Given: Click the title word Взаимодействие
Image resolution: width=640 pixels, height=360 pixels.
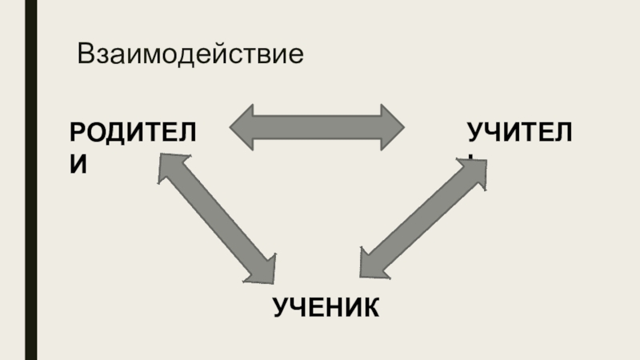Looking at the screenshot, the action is (x=191, y=55).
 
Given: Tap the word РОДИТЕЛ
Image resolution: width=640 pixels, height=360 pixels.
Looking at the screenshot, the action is (x=133, y=132).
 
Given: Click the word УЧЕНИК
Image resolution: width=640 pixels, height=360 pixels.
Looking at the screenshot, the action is (x=326, y=306).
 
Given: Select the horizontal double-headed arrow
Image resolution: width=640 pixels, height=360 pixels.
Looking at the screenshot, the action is (x=318, y=126).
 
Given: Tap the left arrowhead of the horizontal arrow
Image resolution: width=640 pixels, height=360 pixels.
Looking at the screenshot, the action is (x=244, y=126).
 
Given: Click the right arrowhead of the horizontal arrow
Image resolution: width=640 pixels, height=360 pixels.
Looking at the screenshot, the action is (x=391, y=126).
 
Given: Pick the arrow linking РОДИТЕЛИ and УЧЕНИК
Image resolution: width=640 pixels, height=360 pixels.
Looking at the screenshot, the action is (x=216, y=218).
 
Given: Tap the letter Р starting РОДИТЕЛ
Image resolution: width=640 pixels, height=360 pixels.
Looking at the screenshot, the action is (x=77, y=132).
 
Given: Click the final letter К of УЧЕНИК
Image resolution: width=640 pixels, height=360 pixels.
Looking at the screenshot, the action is (x=370, y=306).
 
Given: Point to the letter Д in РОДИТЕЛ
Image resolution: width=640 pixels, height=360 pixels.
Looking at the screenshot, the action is (x=121, y=132).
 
